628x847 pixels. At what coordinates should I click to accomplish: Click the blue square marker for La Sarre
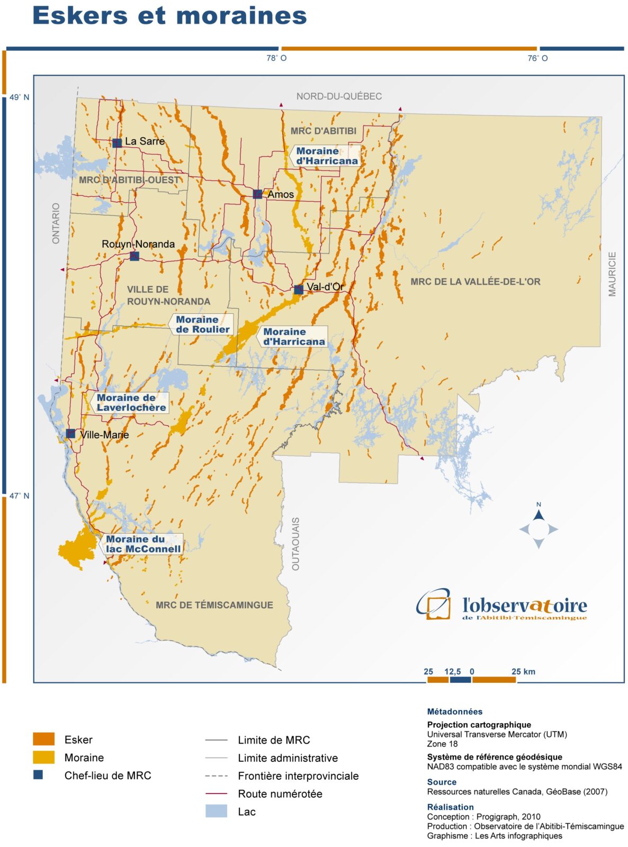coord(117,142)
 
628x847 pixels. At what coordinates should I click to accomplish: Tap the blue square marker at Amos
coord(257,194)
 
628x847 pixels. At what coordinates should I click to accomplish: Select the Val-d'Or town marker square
coord(299,290)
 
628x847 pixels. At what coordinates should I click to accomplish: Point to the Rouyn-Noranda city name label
coord(138,244)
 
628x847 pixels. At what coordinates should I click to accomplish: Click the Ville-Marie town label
coord(104,435)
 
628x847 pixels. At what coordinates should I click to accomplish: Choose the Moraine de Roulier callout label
coord(202,324)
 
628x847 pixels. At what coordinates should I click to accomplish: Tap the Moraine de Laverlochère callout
coord(131,402)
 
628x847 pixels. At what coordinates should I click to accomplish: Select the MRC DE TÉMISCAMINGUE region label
coord(214,605)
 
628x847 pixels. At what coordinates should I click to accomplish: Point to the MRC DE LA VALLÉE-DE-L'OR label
coord(476,282)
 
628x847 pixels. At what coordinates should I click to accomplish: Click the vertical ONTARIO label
coord(56,223)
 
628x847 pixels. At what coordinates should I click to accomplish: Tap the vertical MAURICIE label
coord(612,274)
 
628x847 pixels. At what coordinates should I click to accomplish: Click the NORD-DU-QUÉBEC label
coord(339,96)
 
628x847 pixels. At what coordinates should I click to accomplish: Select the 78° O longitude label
coord(276,58)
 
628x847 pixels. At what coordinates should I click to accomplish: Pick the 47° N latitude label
coord(19,496)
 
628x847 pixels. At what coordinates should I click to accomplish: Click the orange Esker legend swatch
coord(43,739)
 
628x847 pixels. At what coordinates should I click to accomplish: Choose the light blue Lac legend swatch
coord(216,811)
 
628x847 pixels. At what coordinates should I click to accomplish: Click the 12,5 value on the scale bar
coord(453,672)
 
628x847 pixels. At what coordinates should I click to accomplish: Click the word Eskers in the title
coord(80,15)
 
